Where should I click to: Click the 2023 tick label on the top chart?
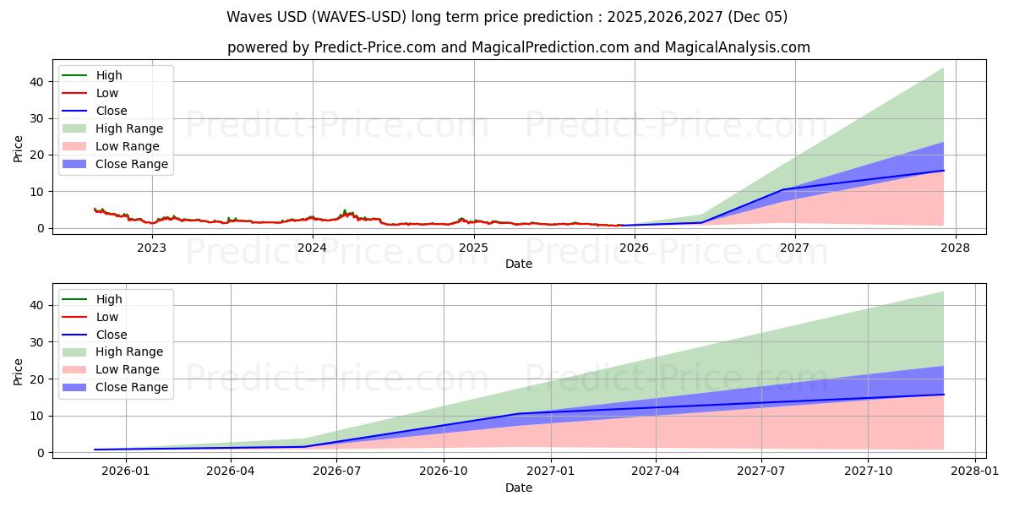(x=151, y=247)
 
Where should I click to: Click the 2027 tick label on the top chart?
(x=794, y=247)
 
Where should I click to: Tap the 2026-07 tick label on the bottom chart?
(x=336, y=472)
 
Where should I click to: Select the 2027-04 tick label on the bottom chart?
(x=656, y=472)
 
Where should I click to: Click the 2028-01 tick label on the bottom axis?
(x=975, y=472)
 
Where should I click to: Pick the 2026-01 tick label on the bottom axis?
(x=126, y=472)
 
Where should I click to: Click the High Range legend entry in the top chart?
(x=129, y=128)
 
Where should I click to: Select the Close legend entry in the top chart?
(x=112, y=111)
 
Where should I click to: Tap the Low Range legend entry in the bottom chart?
(x=128, y=370)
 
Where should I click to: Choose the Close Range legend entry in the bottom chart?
(x=131, y=388)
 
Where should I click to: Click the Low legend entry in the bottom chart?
(x=107, y=317)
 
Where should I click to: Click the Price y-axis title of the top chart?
(x=19, y=148)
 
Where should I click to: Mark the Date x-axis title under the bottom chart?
(x=519, y=488)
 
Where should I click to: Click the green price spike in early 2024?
(x=344, y=210)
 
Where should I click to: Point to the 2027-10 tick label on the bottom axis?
(x=868, y=472)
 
